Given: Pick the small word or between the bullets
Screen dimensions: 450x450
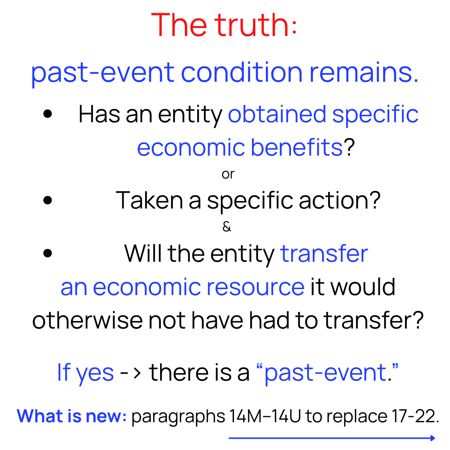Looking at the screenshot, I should tap(228, 174).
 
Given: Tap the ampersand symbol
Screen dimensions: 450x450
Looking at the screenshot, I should tap(226, 227).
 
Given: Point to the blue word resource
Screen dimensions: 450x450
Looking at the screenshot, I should tap(255, 287).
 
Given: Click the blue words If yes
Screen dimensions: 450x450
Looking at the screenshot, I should tap(85, 372).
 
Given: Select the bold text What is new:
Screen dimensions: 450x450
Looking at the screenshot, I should tap(72, 416).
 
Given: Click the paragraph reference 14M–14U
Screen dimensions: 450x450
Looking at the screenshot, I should tap(265, 416).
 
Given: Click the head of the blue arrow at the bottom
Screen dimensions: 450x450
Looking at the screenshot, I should tap(433, 438).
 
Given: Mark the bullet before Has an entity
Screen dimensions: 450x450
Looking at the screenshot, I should tap(48, 114).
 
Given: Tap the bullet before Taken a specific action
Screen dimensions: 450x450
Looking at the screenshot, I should tap(48, 200).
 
